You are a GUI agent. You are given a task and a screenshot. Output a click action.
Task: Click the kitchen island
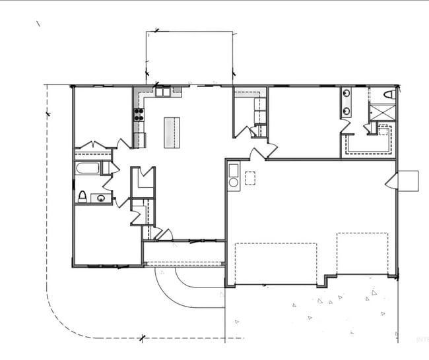click(172, 132)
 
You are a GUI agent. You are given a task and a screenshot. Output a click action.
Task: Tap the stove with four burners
click(139, 114)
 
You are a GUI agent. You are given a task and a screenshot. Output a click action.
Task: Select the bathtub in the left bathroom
click(87, 168)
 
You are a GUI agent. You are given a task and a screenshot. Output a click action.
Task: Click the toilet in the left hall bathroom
click(82, 196)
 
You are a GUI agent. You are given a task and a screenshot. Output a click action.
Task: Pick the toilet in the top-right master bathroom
click(388, 95)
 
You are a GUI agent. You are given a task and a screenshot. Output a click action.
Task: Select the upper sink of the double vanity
click(346, 94)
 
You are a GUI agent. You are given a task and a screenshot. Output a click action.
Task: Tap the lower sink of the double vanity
click(346, 111)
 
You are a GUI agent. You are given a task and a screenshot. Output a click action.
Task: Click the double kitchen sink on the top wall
click(163, 92)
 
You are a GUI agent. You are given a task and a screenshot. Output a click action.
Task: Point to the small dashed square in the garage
click(249, 177)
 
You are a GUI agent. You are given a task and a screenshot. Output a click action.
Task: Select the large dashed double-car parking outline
click(276, 263)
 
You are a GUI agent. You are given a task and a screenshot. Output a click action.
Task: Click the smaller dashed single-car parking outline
click(362, 253)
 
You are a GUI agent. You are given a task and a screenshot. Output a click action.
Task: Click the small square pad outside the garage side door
click(408, 180)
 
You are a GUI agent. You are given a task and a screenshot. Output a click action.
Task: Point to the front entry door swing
click(164, 234)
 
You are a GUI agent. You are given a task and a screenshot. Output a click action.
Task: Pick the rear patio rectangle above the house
click(189, 57)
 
